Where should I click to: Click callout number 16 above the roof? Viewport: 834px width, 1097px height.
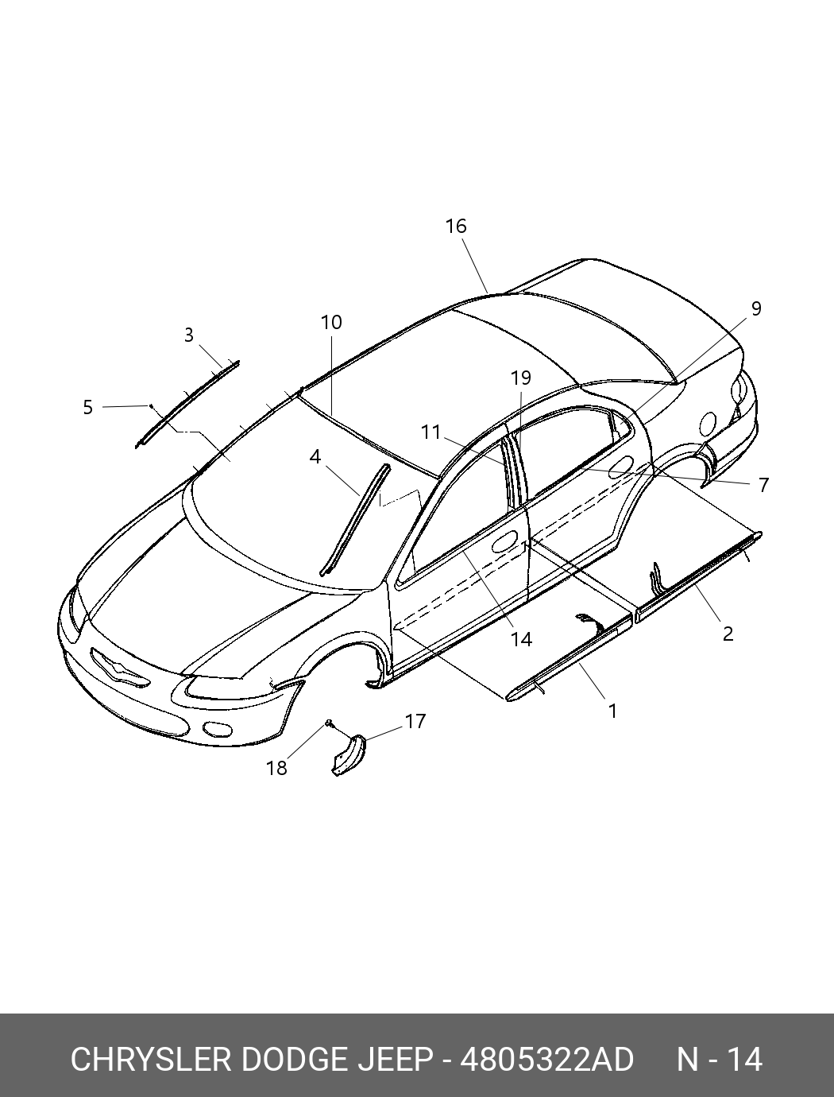click(x=455, y=227)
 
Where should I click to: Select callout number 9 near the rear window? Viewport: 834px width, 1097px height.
click(x=755, y=308)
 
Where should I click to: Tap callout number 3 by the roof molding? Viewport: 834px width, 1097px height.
click(x=188, y=335)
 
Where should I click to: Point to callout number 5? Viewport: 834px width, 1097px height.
click(x=87, y=408)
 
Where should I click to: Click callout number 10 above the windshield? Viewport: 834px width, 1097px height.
click(x=331, y=323)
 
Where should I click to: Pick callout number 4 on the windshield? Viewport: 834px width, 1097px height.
click(x=315, y=458)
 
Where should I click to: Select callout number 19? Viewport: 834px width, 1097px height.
click(x=521, y=378)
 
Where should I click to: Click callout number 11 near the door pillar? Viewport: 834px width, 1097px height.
click(x=431, y=432)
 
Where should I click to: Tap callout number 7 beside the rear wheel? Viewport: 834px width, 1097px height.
click(x=763, y=485)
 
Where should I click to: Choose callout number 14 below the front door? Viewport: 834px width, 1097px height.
click(x=521, y=639)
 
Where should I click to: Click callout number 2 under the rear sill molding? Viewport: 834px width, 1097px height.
click(x=728, y=634)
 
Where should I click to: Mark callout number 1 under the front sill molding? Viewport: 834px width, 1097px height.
click(x=612, y=711)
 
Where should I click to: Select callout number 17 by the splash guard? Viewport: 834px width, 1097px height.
click(x=415, y=722)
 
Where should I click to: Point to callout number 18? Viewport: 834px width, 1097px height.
click(x=276, y=768)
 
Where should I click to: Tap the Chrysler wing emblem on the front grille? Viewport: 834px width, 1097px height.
click(x=119, y=669)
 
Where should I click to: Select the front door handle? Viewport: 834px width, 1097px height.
click(x=503, y=545)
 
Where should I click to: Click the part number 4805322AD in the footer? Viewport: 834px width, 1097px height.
click(x=547, y=1060)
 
